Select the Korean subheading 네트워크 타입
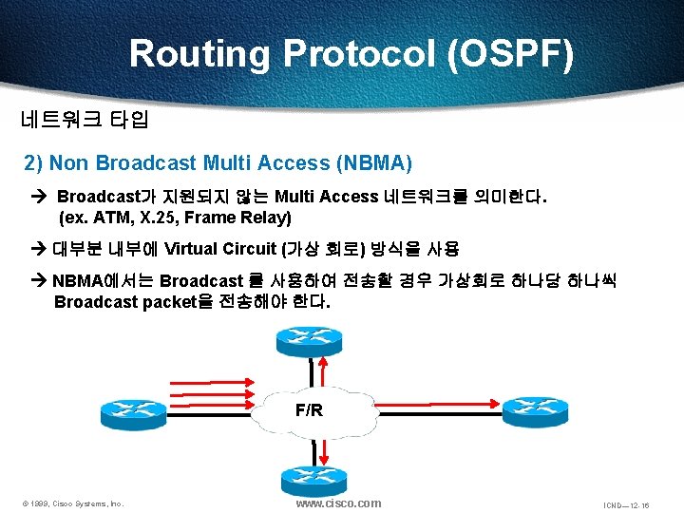(85, 121)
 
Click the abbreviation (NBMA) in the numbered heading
(373, 163)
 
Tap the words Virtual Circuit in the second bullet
(219, 250)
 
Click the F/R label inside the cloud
(309, 411)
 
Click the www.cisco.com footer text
(338, 503)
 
